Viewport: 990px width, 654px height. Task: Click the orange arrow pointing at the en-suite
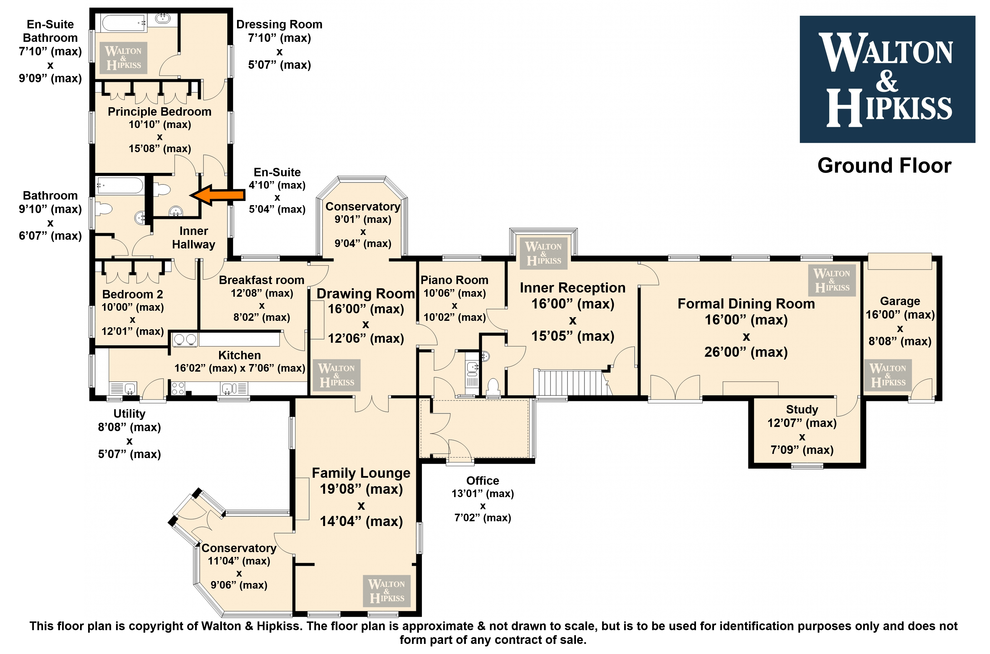(x=217, y=195)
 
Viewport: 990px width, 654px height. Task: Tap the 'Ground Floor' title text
(x=884, y=166)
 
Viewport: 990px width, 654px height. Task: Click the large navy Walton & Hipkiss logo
(x=887, y=79)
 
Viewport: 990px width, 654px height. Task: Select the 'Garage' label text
(x=900, y=301)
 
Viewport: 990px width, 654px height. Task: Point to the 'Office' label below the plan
(x=483, y=481)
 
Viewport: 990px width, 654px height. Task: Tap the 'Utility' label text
(x=129, y=414)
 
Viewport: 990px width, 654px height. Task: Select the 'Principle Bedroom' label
(x=160, y=112)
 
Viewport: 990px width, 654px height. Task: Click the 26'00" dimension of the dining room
(x=746, y=352)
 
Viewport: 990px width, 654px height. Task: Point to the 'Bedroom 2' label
(x=133, y=294)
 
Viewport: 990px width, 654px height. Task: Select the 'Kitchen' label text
(x=240, y=355)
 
